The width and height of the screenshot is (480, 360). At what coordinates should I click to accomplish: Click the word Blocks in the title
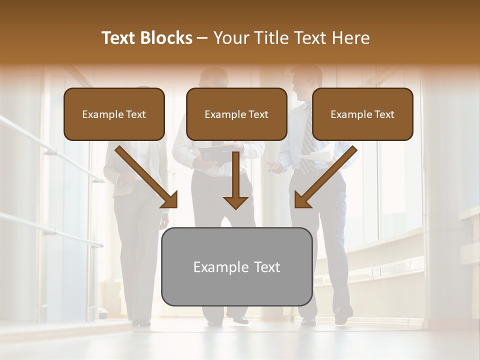pos(167,38)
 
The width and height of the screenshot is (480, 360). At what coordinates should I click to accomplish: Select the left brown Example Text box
pos(114,114)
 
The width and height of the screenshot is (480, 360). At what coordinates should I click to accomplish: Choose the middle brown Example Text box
pos(236,114)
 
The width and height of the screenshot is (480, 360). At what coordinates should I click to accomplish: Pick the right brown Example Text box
pos(362,114)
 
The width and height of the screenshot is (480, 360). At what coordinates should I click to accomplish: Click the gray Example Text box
pos(236,266)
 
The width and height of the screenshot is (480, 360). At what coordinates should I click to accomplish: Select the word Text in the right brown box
pos(384,114)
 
